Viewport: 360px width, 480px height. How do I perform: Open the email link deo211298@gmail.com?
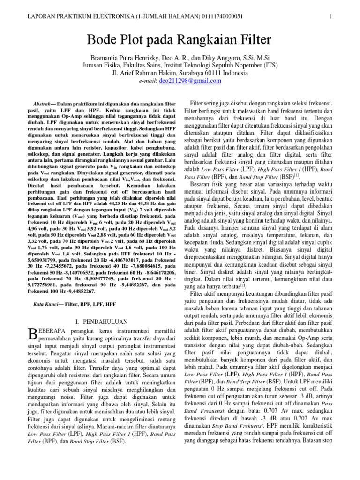click(183, 81)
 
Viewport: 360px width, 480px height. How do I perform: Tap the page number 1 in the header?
click(331, 16)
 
